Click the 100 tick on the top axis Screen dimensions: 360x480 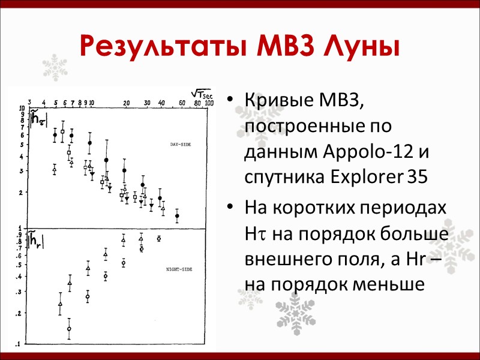(x=209, y=103)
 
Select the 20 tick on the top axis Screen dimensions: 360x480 (x=127, y=103)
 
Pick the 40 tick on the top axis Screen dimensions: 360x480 (x=161, y=103)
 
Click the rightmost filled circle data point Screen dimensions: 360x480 (x=177, y=215)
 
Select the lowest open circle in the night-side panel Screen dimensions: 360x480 (x=69, y=328)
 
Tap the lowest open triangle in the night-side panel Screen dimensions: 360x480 (x=60, y=304)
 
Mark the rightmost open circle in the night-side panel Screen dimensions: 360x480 (x=159, y=238)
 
